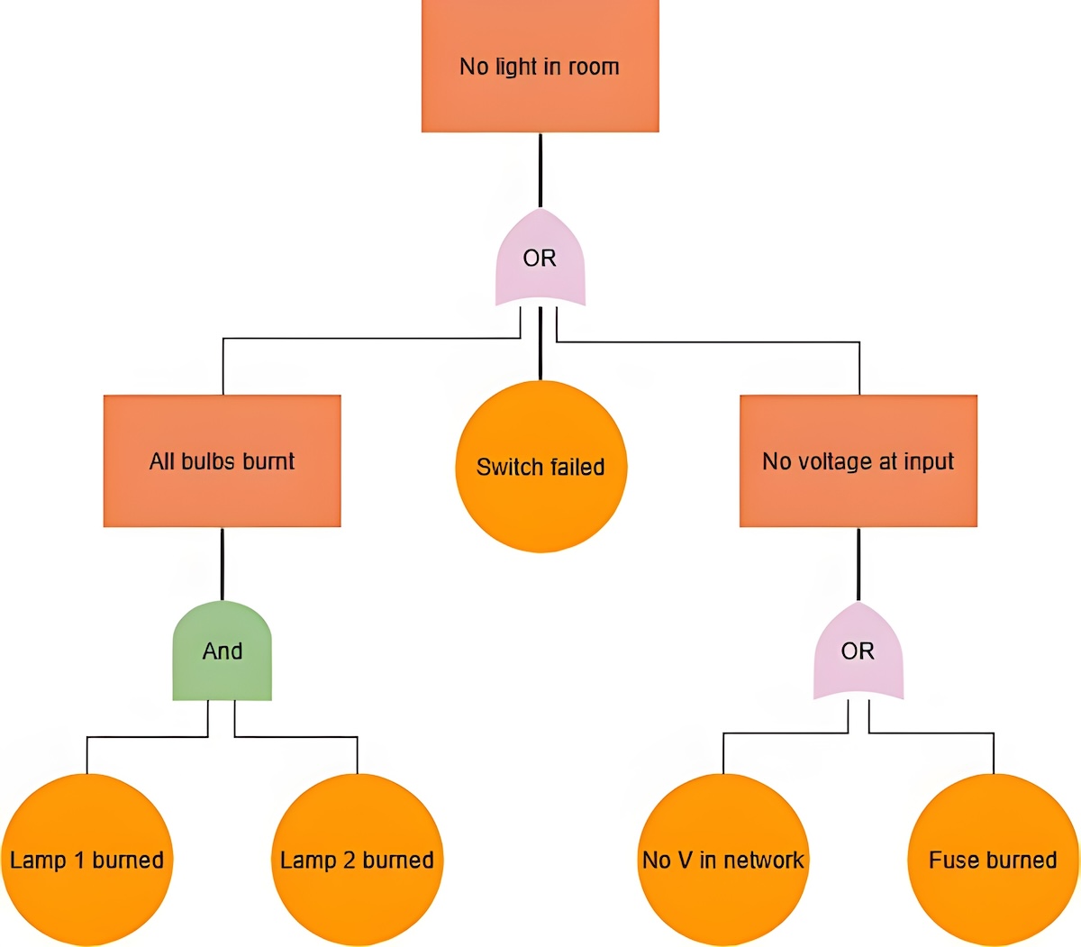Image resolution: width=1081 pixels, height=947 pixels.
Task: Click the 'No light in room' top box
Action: [540, 66]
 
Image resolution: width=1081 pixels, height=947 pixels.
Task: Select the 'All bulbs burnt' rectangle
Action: [222, 460]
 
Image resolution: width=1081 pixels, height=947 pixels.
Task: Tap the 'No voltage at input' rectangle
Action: [858, 460]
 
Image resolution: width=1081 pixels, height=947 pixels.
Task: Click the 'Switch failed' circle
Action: [541, 467]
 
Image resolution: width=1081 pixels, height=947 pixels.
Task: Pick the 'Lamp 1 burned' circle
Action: [86, 860]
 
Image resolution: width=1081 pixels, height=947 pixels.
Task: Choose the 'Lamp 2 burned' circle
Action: [357, 860]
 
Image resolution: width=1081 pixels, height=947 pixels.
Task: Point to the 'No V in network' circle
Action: [722, 860]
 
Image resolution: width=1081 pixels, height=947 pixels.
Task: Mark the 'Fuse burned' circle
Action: [994, 860]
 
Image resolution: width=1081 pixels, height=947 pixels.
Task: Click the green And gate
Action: [222, 651]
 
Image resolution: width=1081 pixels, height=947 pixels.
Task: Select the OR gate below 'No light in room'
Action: [540, 258]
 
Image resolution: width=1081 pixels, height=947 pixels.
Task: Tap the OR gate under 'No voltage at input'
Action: [858, 651]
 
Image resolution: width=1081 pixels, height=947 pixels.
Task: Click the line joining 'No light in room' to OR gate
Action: [540, 170]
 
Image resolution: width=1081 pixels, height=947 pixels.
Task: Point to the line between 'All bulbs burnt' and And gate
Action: [222, 564]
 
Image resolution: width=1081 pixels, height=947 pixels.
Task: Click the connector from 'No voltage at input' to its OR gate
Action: [858, 564]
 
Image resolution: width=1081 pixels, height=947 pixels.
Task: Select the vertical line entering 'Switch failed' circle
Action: [540, 343]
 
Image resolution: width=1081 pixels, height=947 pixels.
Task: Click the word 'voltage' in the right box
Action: [834, 462]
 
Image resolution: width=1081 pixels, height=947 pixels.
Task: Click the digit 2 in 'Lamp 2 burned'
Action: [349, 860]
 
